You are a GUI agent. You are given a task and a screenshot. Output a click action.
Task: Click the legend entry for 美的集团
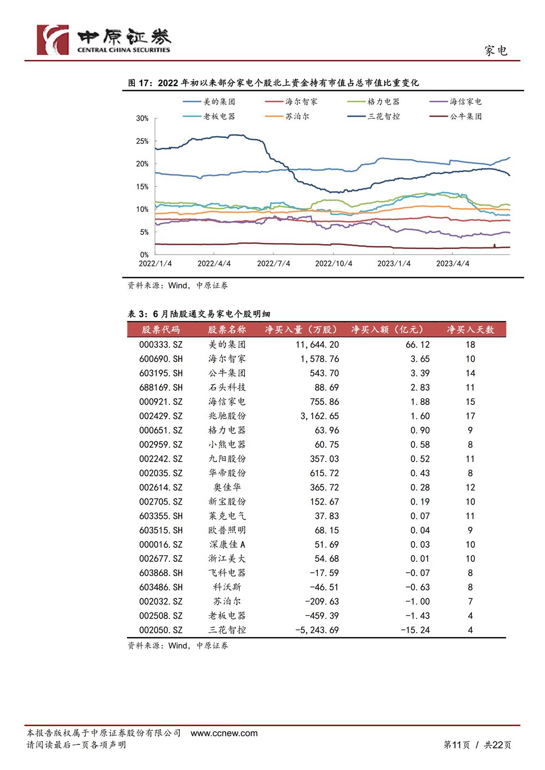coord(209,102)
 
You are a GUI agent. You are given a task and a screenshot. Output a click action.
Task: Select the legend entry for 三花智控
coord(373,117)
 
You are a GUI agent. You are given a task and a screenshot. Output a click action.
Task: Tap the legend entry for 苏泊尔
coord(287,117)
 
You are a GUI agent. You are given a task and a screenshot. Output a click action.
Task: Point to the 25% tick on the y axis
coord(142,141)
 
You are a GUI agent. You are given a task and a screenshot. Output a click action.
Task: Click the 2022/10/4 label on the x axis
coord(334,264)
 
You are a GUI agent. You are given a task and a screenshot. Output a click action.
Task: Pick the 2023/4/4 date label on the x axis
coord(452,264)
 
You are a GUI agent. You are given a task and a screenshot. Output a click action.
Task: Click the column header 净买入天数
coord(470,330)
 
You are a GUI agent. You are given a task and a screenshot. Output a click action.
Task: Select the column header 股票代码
coord(161,330)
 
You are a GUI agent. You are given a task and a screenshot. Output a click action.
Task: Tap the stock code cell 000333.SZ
coord(161,344)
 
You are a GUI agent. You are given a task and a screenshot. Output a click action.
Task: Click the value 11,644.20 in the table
coord(317,344)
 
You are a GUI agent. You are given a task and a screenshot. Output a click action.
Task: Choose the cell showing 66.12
coord(417,344)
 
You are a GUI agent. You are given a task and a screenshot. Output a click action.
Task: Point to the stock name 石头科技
coord(227,387)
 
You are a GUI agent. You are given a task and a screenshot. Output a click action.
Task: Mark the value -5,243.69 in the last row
coord(317,630)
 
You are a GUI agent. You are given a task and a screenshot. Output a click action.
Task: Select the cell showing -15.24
coord(415,630)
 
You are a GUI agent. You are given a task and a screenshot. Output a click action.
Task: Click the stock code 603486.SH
coord(161,587)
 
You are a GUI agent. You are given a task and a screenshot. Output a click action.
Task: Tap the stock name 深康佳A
coord(227,544)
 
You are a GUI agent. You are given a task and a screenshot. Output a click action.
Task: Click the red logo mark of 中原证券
coord(53,40)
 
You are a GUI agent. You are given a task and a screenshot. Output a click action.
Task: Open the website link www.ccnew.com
coord(224,733)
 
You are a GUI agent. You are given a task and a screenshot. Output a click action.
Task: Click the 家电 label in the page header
coord(496,51)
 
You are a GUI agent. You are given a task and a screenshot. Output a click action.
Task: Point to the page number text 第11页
coord(457,745)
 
